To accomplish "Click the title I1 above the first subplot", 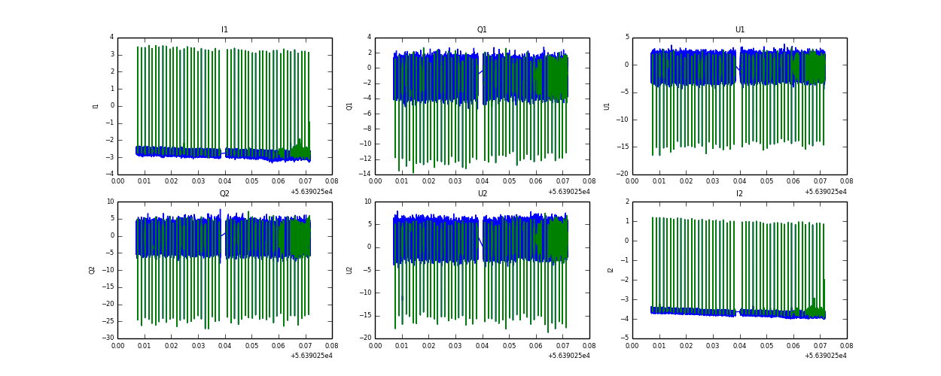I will coord(224,30).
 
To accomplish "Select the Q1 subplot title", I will coord(482,30).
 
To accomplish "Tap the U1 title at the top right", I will coord(739,30).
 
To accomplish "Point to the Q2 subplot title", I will coord(224,194).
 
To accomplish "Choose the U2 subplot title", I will coord(482,194).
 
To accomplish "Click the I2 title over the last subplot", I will coord(739,194).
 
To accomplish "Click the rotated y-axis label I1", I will coord(96,106).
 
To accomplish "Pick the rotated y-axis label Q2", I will coord(92,270).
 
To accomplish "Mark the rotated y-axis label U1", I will coord(607,106).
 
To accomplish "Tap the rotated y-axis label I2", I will coord(611,270).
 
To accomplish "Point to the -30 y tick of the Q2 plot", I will coord(108,338).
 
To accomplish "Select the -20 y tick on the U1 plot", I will coord(621,174).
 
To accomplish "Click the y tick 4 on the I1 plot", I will coord(111,38).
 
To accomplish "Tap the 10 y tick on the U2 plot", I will coord(367,202).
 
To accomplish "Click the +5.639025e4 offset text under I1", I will coord(311,192).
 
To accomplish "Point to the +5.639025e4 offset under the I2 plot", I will coord(825,356).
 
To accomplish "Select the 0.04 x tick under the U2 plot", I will coord(482,347).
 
